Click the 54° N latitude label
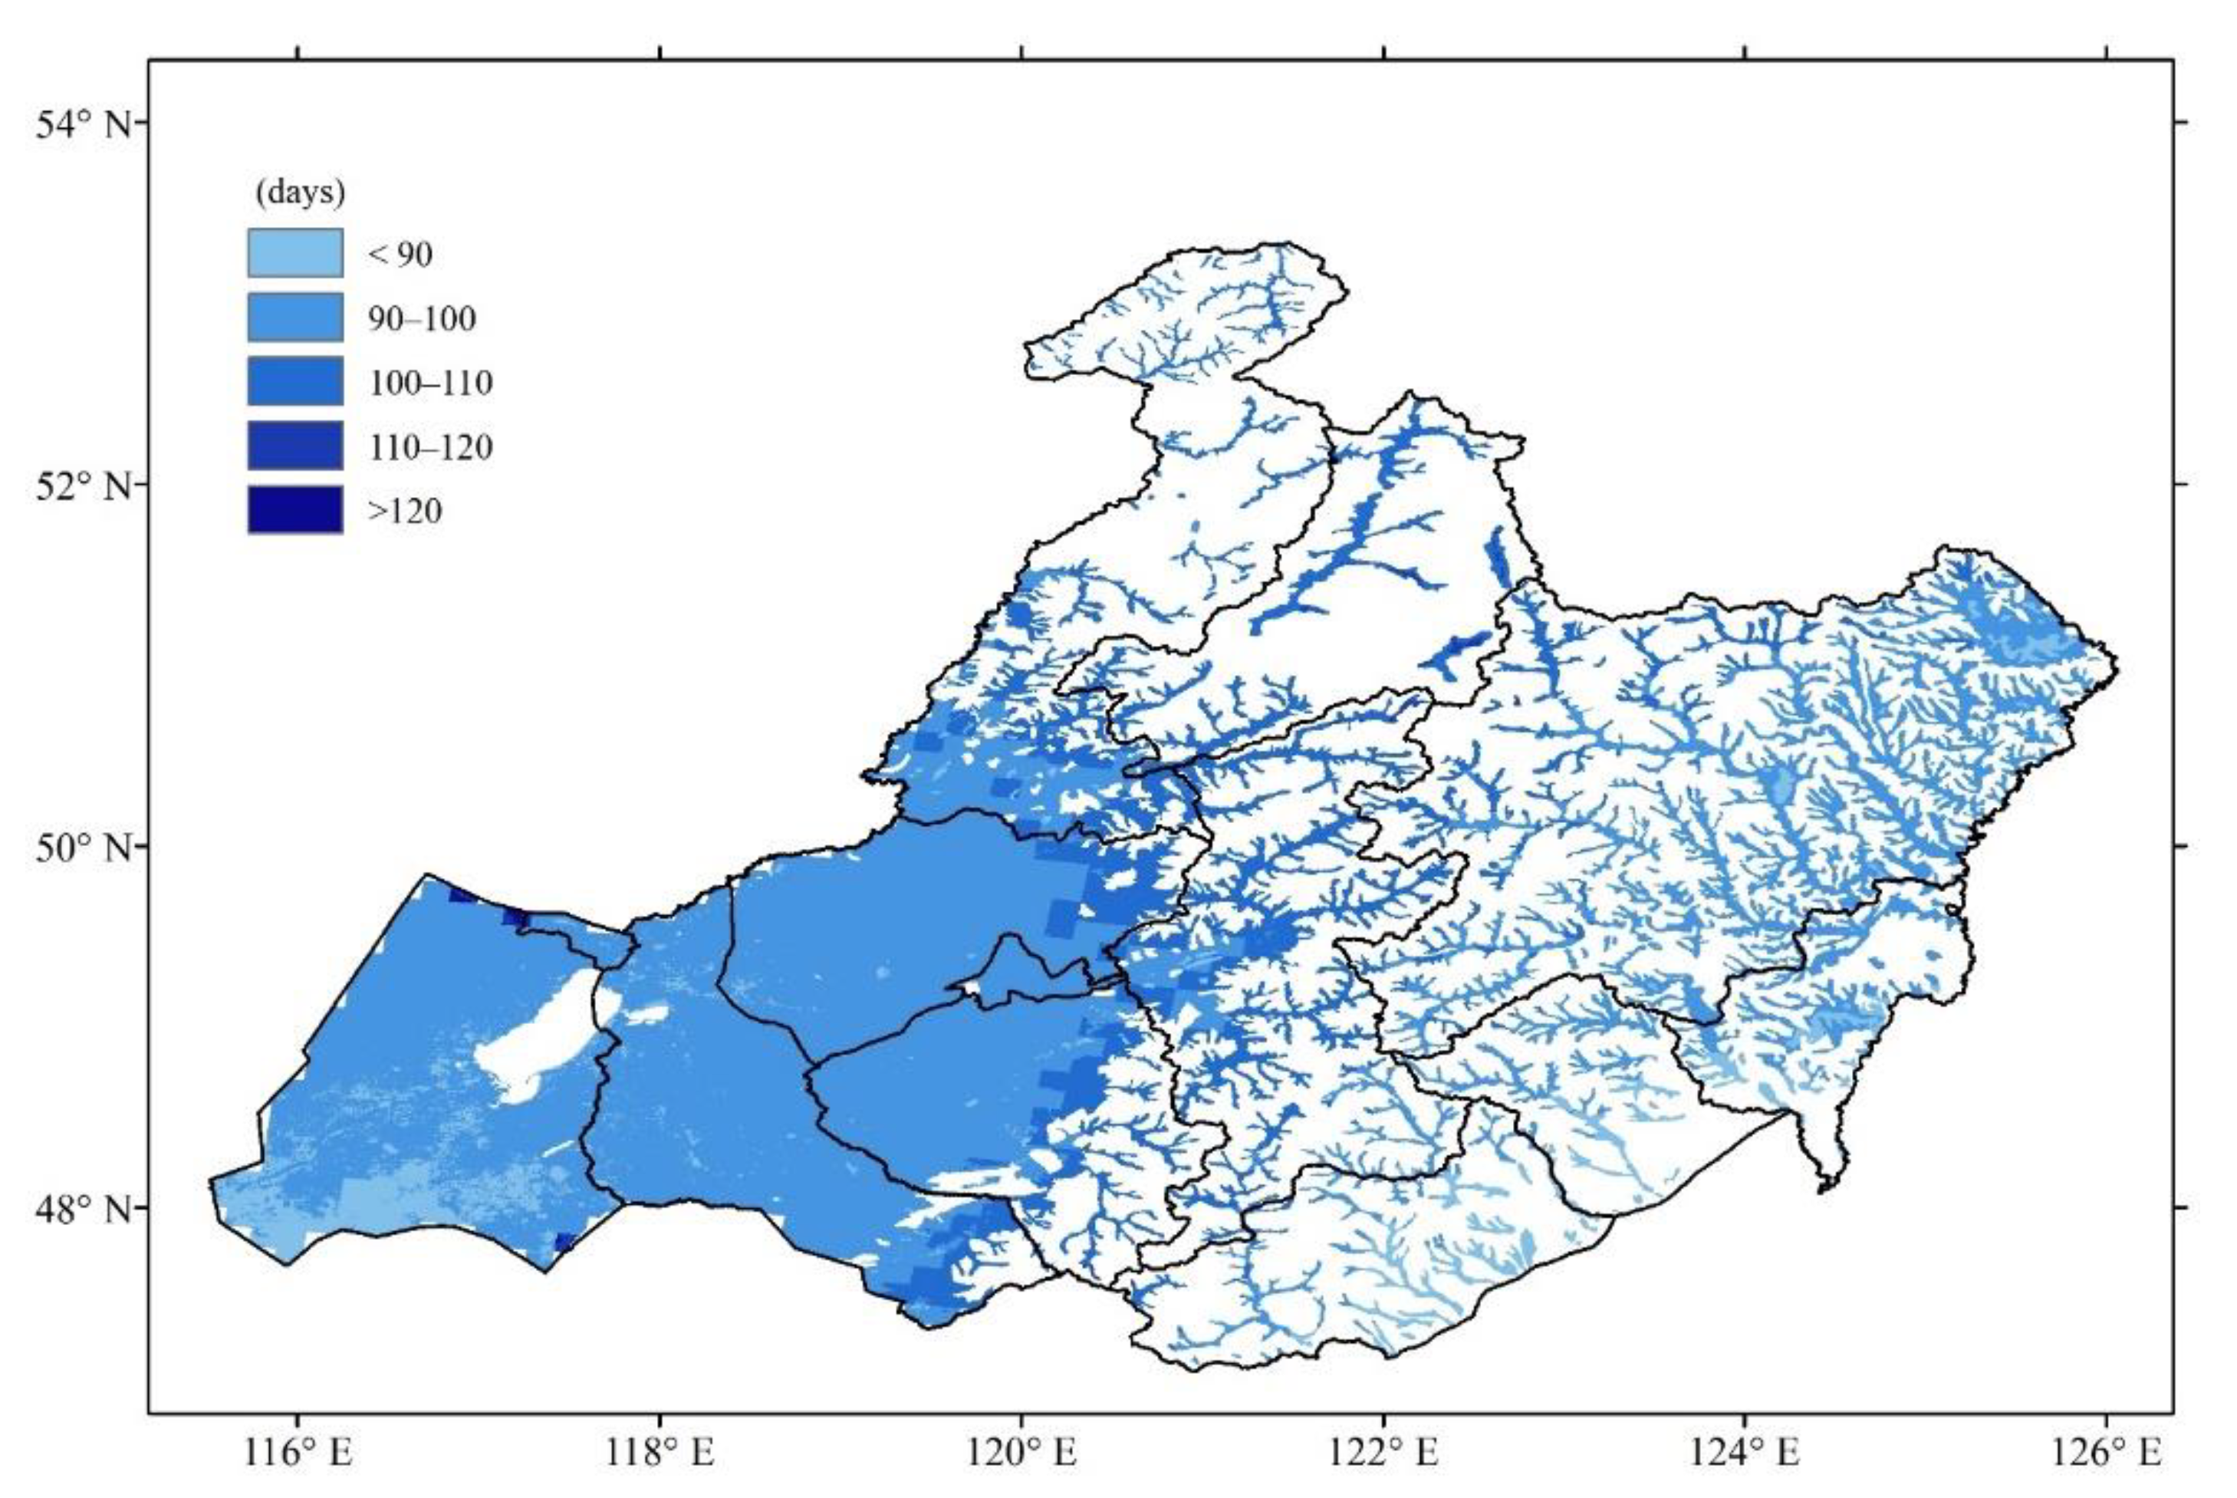pyautogui.click(x=83, y=124)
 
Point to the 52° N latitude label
pyautogui.click(x=83, y=486)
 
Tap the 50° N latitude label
pyautogui.click(x=83, y=848)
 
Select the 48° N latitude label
pyautogui.click(x=83, y=1210)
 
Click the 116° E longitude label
pyautogui.click(x=298, y=1453)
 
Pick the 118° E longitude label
pyautogui.click(x=660, y=1453)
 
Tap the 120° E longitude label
pyautogui.click(x=1022, y=1453)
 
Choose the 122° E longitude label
pyautogui.click(x=1384, y=1453)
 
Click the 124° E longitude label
pyautogui.click(x=1745, y=1453)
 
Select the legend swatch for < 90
pyautogui.click(x=295, y=253)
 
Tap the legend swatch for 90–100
pyautogui.click(x=295, y=318)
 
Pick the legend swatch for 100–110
pyautogui.click(x=295, y=381)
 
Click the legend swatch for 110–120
pyautogui.click(x=295, y=445)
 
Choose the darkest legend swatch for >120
pyautogui.click(x=295, y=509)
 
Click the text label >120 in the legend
pyautogui.click(x=405, y=511)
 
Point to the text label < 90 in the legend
pyautogui.click(x=400, y=254)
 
